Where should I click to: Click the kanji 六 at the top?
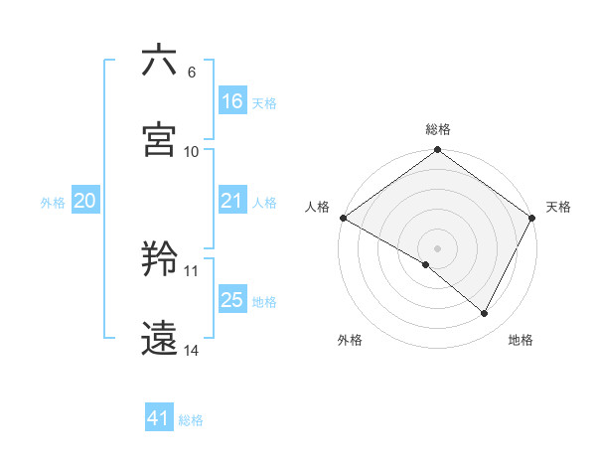159,61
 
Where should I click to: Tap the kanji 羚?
159,260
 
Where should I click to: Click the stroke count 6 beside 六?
191,73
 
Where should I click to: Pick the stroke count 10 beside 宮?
192,151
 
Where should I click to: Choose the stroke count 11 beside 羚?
192,270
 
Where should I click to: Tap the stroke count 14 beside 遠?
192,350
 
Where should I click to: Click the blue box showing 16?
232,101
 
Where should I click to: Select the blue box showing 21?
232,202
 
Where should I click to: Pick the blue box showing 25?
232,300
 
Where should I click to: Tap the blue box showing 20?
85,202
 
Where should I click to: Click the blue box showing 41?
159,419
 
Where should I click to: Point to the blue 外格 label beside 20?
53,203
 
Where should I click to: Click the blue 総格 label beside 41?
191,420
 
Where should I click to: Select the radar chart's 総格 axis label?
438,129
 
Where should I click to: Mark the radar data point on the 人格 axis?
343,218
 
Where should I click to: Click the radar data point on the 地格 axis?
485,314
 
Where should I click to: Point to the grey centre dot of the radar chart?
438,247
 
